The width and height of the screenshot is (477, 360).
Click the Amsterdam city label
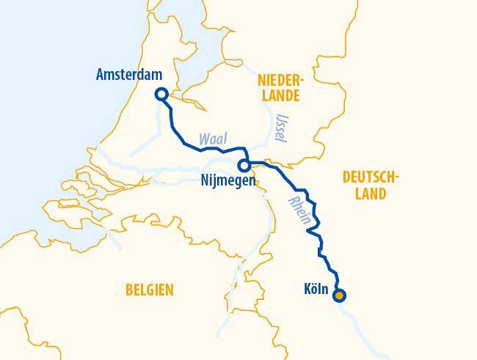click(128, 75)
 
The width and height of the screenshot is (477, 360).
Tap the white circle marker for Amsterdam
click(161, 94)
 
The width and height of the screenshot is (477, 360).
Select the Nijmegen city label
click(227, 180)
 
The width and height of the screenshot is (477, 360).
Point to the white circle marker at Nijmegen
click(243, 166)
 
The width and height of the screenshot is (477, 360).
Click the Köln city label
click(316, 289)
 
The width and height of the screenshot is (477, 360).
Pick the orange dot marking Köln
click(339, 296)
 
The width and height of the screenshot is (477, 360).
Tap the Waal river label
click(212, 139)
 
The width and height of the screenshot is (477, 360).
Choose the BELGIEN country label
click(149, 290)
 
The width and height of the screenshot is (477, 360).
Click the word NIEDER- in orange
click(280, 79)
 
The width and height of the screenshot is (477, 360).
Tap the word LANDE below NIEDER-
click(280, 96)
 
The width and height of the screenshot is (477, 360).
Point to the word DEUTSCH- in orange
click(371, 177)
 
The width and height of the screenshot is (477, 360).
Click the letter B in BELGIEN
click(129, 290)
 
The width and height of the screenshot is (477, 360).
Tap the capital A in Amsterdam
click(101, 75)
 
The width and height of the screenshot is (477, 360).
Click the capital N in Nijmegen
click(204, 180)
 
